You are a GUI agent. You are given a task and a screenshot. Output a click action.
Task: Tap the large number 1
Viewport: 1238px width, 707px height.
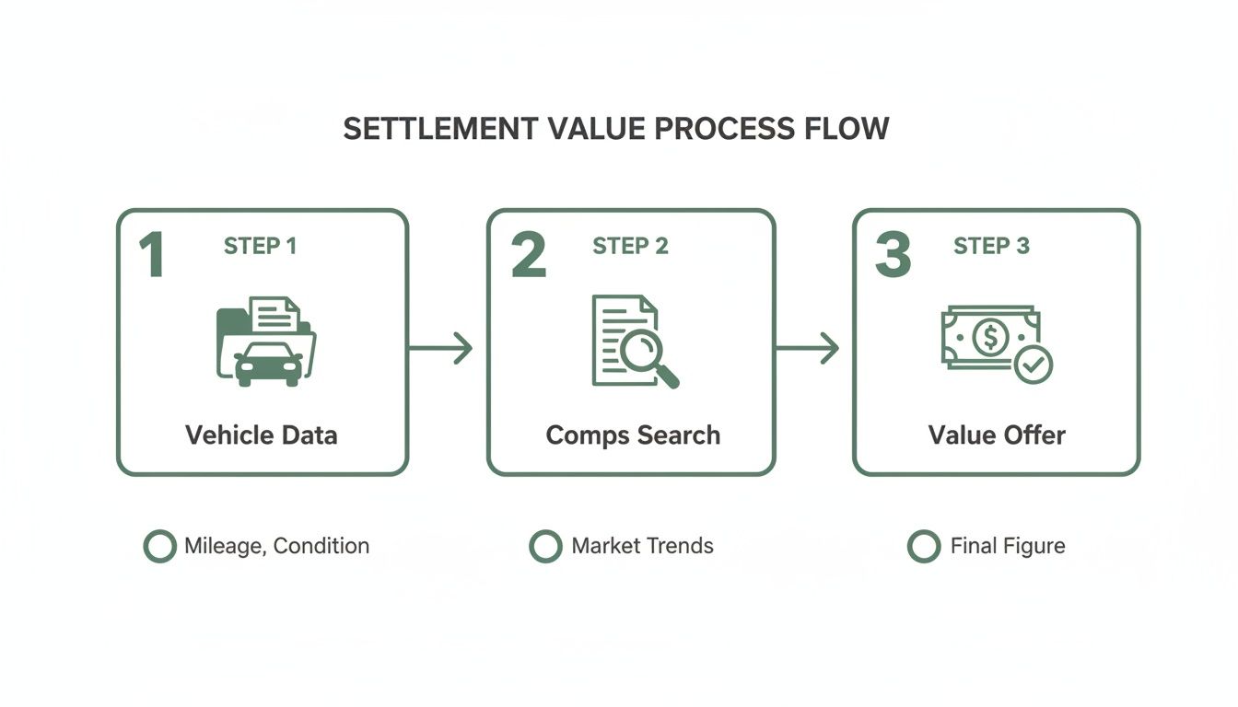tap(152, 256)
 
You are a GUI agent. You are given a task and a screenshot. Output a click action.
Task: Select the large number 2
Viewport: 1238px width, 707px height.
tap(528, 256)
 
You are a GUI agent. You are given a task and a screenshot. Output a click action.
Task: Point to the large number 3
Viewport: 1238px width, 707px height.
tap(892, 256)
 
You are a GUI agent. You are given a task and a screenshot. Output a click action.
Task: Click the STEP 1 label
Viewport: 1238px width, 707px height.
tap(261, 246)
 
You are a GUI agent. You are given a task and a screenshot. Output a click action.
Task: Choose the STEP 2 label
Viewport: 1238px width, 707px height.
tap(630, 246)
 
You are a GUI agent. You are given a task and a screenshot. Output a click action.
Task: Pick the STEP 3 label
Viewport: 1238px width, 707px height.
tap(991, 246)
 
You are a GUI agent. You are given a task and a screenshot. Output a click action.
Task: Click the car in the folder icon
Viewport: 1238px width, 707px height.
tap(269, 364)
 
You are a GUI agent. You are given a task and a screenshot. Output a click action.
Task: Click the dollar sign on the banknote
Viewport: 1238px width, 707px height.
tap(990, 337)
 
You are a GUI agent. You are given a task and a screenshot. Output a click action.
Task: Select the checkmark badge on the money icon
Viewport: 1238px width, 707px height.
tap(1034, 365)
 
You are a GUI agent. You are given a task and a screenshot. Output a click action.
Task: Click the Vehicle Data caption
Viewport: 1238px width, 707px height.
tap(262, 435)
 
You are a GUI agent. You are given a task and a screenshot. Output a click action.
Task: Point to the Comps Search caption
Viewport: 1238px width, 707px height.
tap(633, 435)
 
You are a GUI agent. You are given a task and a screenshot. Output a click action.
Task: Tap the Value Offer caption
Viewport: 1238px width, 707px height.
tap(997, 435)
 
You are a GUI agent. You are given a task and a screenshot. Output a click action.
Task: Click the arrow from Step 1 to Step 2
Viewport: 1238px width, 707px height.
tap(440, 348)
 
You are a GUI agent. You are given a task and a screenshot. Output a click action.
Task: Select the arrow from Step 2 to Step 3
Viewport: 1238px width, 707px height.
tap(807, 348)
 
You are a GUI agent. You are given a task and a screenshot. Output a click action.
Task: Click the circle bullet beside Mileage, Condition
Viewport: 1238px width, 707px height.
tap(159, 546)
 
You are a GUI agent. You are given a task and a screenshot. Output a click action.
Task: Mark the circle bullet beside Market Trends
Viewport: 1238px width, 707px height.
tap(545, 546)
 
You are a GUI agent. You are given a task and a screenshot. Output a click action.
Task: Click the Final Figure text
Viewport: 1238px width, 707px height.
tap(1008, 546)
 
